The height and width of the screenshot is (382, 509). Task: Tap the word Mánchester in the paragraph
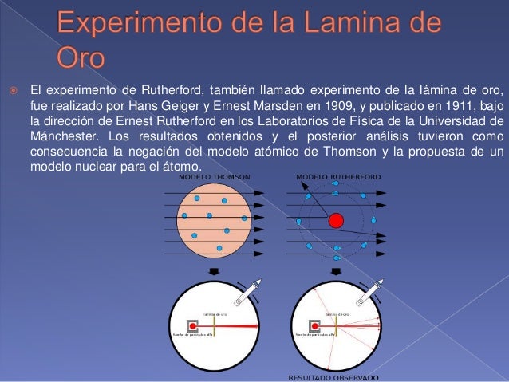click(x=61, y=136)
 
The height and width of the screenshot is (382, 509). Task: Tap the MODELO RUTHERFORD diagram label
click(x=338, y=175)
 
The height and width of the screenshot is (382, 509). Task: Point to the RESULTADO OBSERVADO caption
click(x=333, y=376)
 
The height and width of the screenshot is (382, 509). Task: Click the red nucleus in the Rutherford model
click(x=336, y=219)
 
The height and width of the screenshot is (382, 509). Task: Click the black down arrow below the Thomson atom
click(x=214, y=274)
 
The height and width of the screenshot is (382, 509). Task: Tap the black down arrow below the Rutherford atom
click(x=336, y=274)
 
